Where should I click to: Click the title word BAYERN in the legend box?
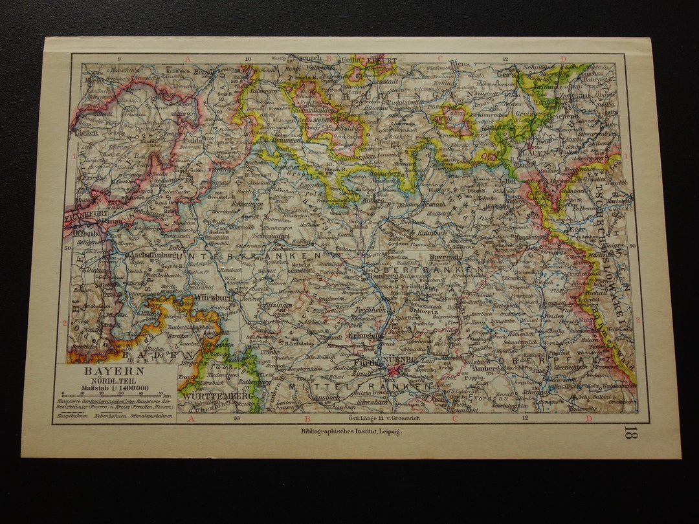105,371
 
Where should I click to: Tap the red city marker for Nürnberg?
394,370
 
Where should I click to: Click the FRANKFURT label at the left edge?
82,210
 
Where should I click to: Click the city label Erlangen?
363,336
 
